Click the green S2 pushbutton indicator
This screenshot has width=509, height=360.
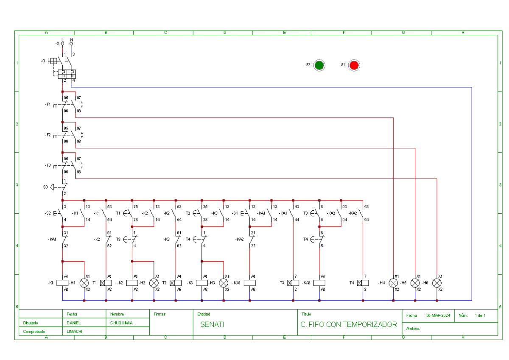319,65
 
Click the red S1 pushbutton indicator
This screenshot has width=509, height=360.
354,65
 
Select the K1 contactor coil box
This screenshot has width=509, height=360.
62,283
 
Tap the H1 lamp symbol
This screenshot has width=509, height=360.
84,283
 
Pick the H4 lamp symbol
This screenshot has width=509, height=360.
393,283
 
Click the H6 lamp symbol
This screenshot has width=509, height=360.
437,283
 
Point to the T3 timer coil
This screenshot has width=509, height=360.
293,283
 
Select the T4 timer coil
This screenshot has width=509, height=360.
363,283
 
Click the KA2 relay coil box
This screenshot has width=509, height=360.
319,283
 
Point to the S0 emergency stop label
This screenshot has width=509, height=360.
45,187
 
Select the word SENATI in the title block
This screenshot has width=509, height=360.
212,325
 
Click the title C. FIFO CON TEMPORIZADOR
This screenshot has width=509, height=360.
349,325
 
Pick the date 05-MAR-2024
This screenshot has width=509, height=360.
438,315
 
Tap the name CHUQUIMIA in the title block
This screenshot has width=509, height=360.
121,323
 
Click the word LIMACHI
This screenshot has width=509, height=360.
75,331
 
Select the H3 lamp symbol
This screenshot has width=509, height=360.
224,283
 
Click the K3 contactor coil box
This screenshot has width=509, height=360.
201,283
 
